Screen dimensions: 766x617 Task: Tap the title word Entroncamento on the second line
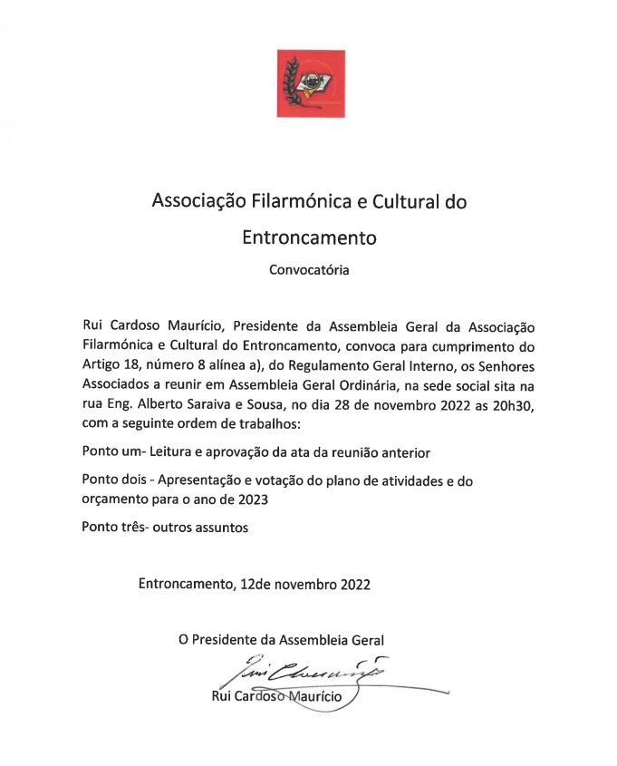tap(308, 238)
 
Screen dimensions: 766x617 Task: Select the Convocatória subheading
tap(308, 269)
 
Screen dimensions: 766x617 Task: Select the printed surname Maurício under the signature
tap(309, 697)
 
